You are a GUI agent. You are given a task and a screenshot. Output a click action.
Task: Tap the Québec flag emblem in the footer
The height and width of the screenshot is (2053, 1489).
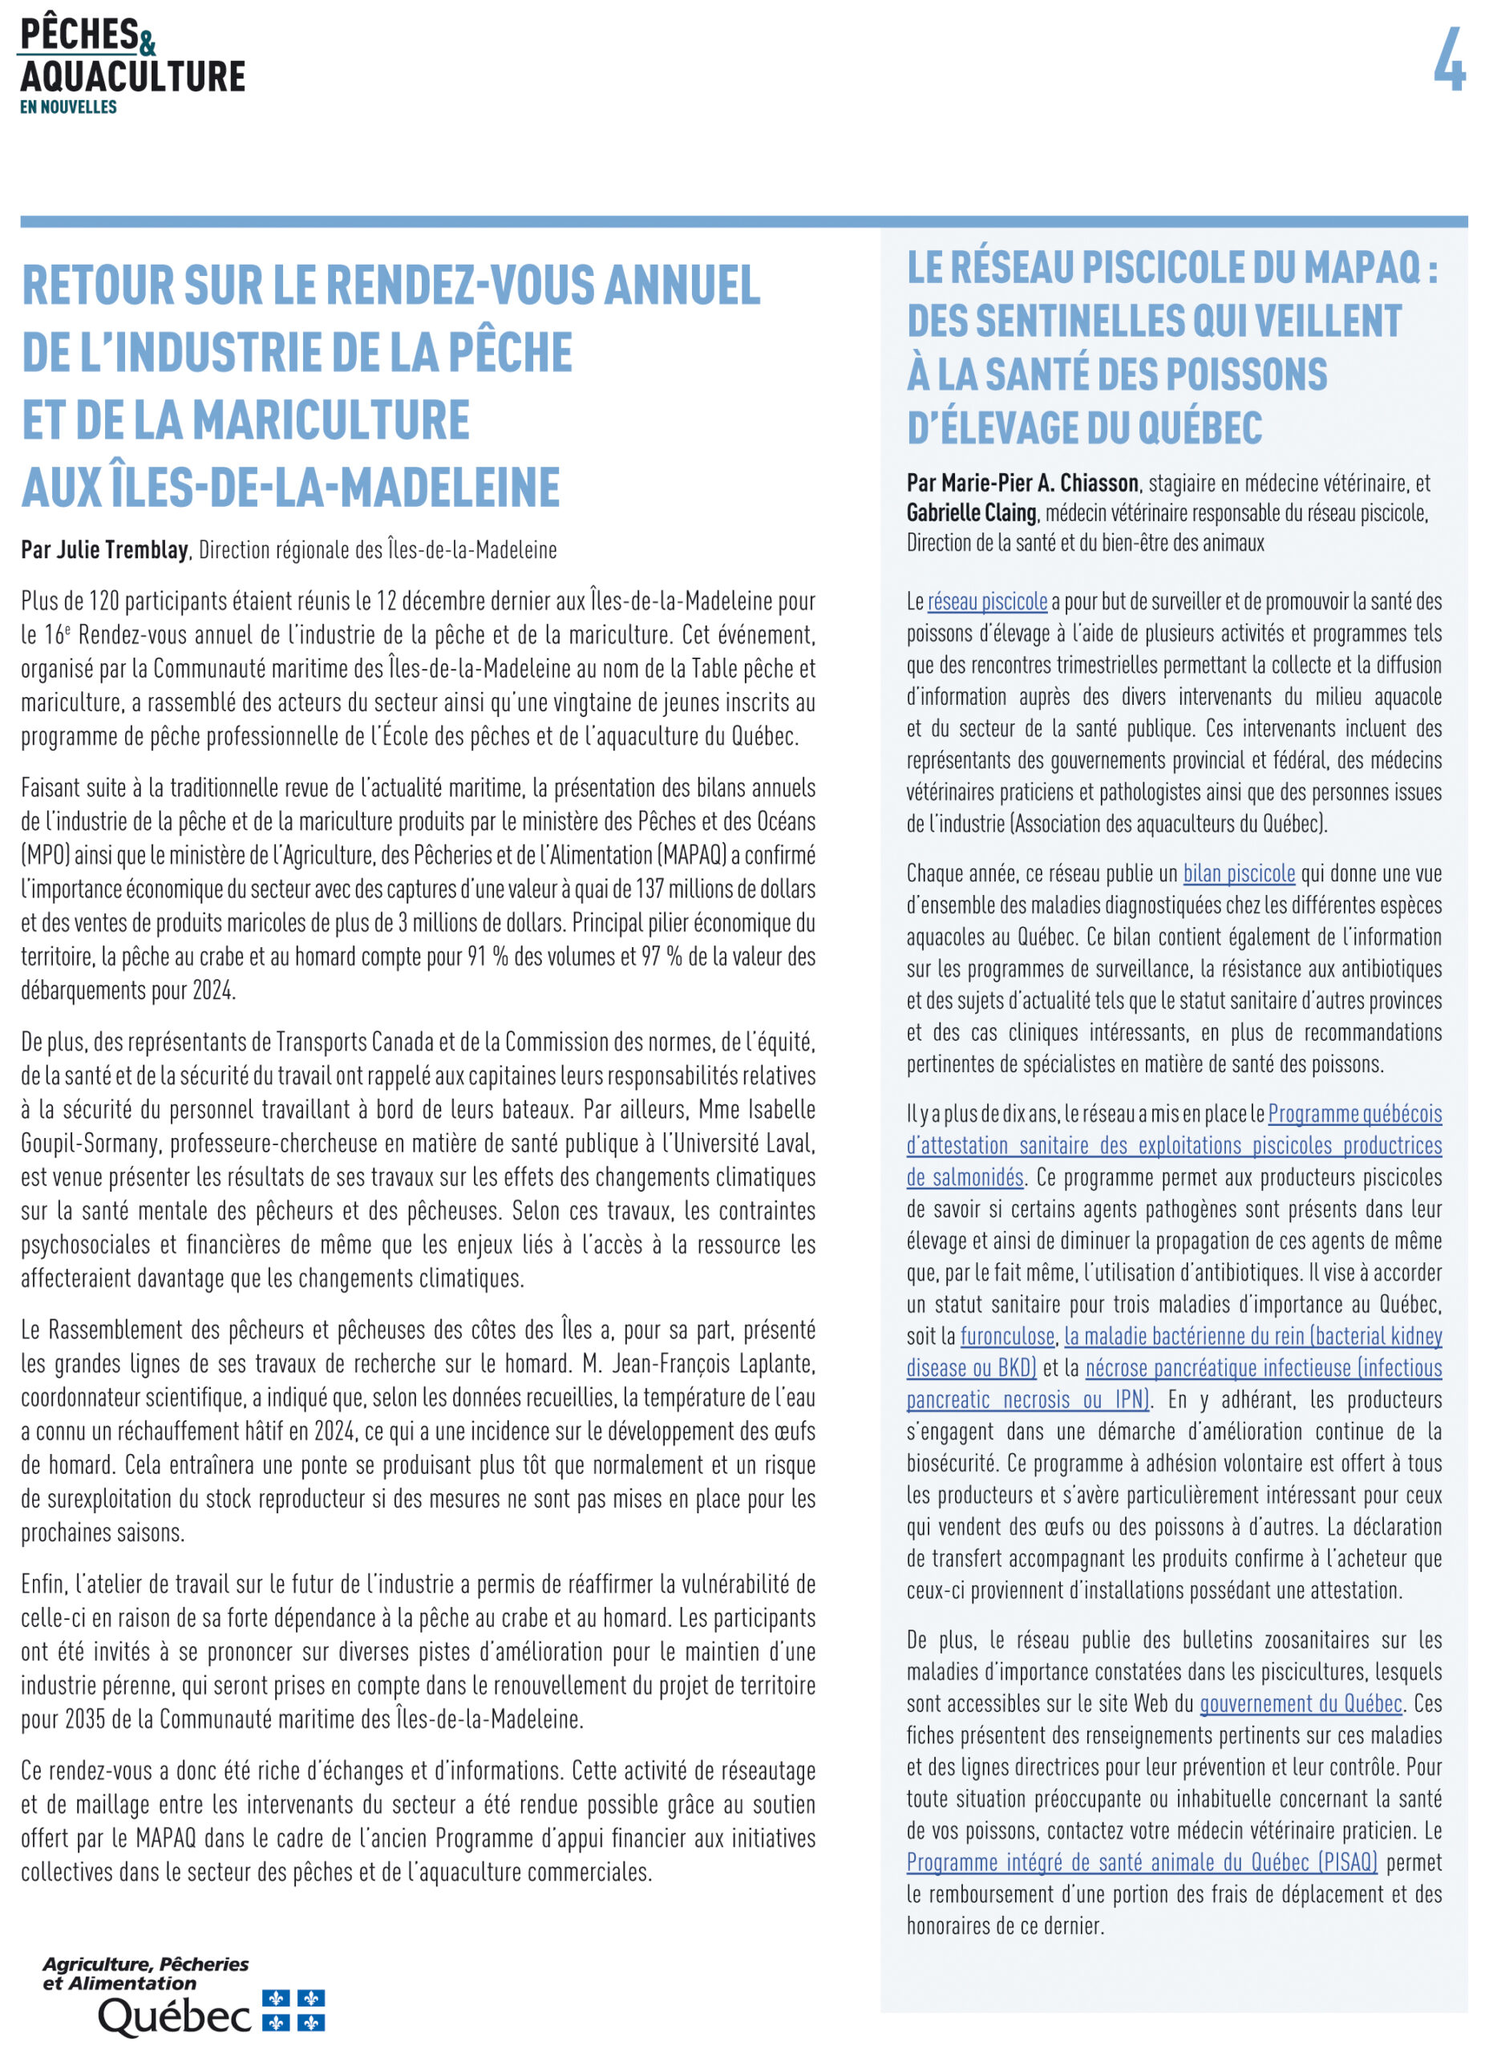pyautogui.click(x=293, y=2010)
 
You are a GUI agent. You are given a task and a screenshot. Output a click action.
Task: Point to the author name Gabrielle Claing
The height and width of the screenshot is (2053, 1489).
pyautogui.click(x=971, y=512)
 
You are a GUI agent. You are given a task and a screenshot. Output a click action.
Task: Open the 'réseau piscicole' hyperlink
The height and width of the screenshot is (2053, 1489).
pyautogui.click(x=986, y=601)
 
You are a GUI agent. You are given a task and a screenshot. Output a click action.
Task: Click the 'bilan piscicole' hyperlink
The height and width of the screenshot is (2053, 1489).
pyautogui.click(x=1238, y=873)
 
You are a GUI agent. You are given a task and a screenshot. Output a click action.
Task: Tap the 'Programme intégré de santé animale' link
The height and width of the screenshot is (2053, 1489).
pyautogui.click(x=1142, y=1862)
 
